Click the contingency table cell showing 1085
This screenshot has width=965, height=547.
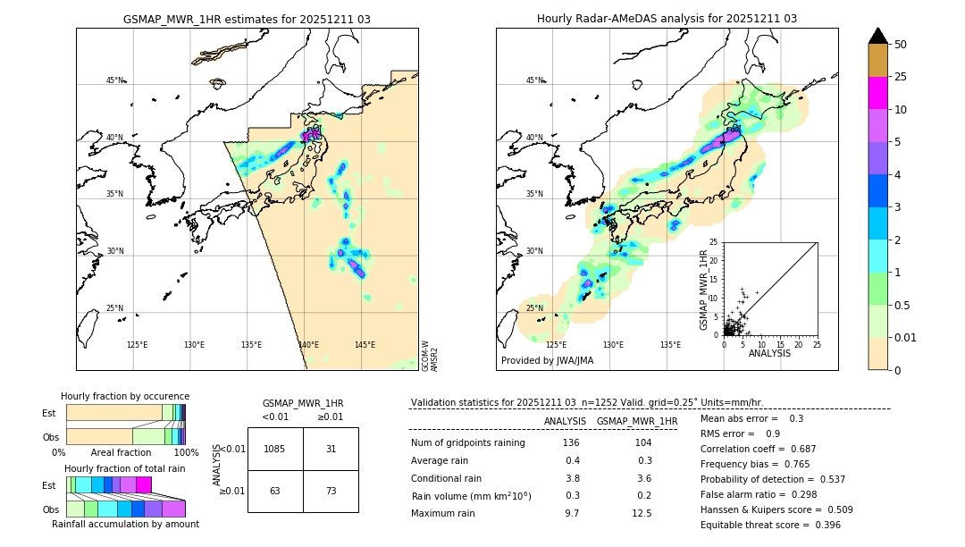click(275, 449)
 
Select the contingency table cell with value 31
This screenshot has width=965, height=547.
click(331, 449)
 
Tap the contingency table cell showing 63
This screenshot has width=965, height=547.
click(275, 492)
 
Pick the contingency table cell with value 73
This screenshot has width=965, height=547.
click(331, 492)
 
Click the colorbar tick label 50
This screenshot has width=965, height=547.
click(901, 45)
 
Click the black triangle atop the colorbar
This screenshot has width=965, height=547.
click(877, 36)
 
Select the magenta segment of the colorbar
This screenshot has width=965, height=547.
click(877, 93)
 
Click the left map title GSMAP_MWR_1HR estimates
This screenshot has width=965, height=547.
click(247, 19)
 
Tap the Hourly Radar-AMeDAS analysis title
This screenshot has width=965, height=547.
click(667, 19)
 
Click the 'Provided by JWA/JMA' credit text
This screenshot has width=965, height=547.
click(547, 361)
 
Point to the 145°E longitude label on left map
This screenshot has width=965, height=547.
click(365, 345)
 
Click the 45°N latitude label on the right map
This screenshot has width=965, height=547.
click(534, 80)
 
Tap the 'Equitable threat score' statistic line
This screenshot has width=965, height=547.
click(770, 525)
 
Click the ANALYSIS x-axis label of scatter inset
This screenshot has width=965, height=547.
click(769, 353)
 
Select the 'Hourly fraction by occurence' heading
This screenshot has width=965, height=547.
click(124, 396)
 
